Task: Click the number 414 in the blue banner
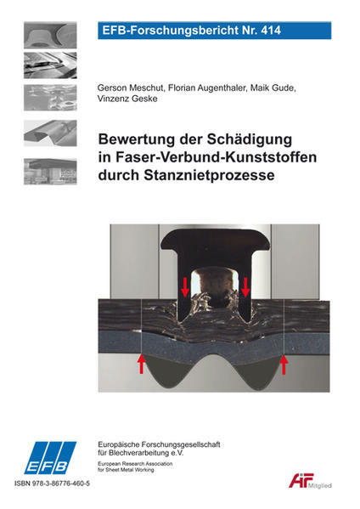271,31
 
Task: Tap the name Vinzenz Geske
127,99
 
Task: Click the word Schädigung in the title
250,139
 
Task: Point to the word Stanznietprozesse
209,175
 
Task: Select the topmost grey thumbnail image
50,35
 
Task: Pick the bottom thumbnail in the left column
50,172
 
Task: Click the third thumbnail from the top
50,98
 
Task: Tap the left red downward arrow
185,287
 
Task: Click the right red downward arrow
245,287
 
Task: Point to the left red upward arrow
141,365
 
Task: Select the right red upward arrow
284,365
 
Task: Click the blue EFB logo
50,458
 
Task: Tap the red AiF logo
301,480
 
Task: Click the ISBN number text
52,484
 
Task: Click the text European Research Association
135,464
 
